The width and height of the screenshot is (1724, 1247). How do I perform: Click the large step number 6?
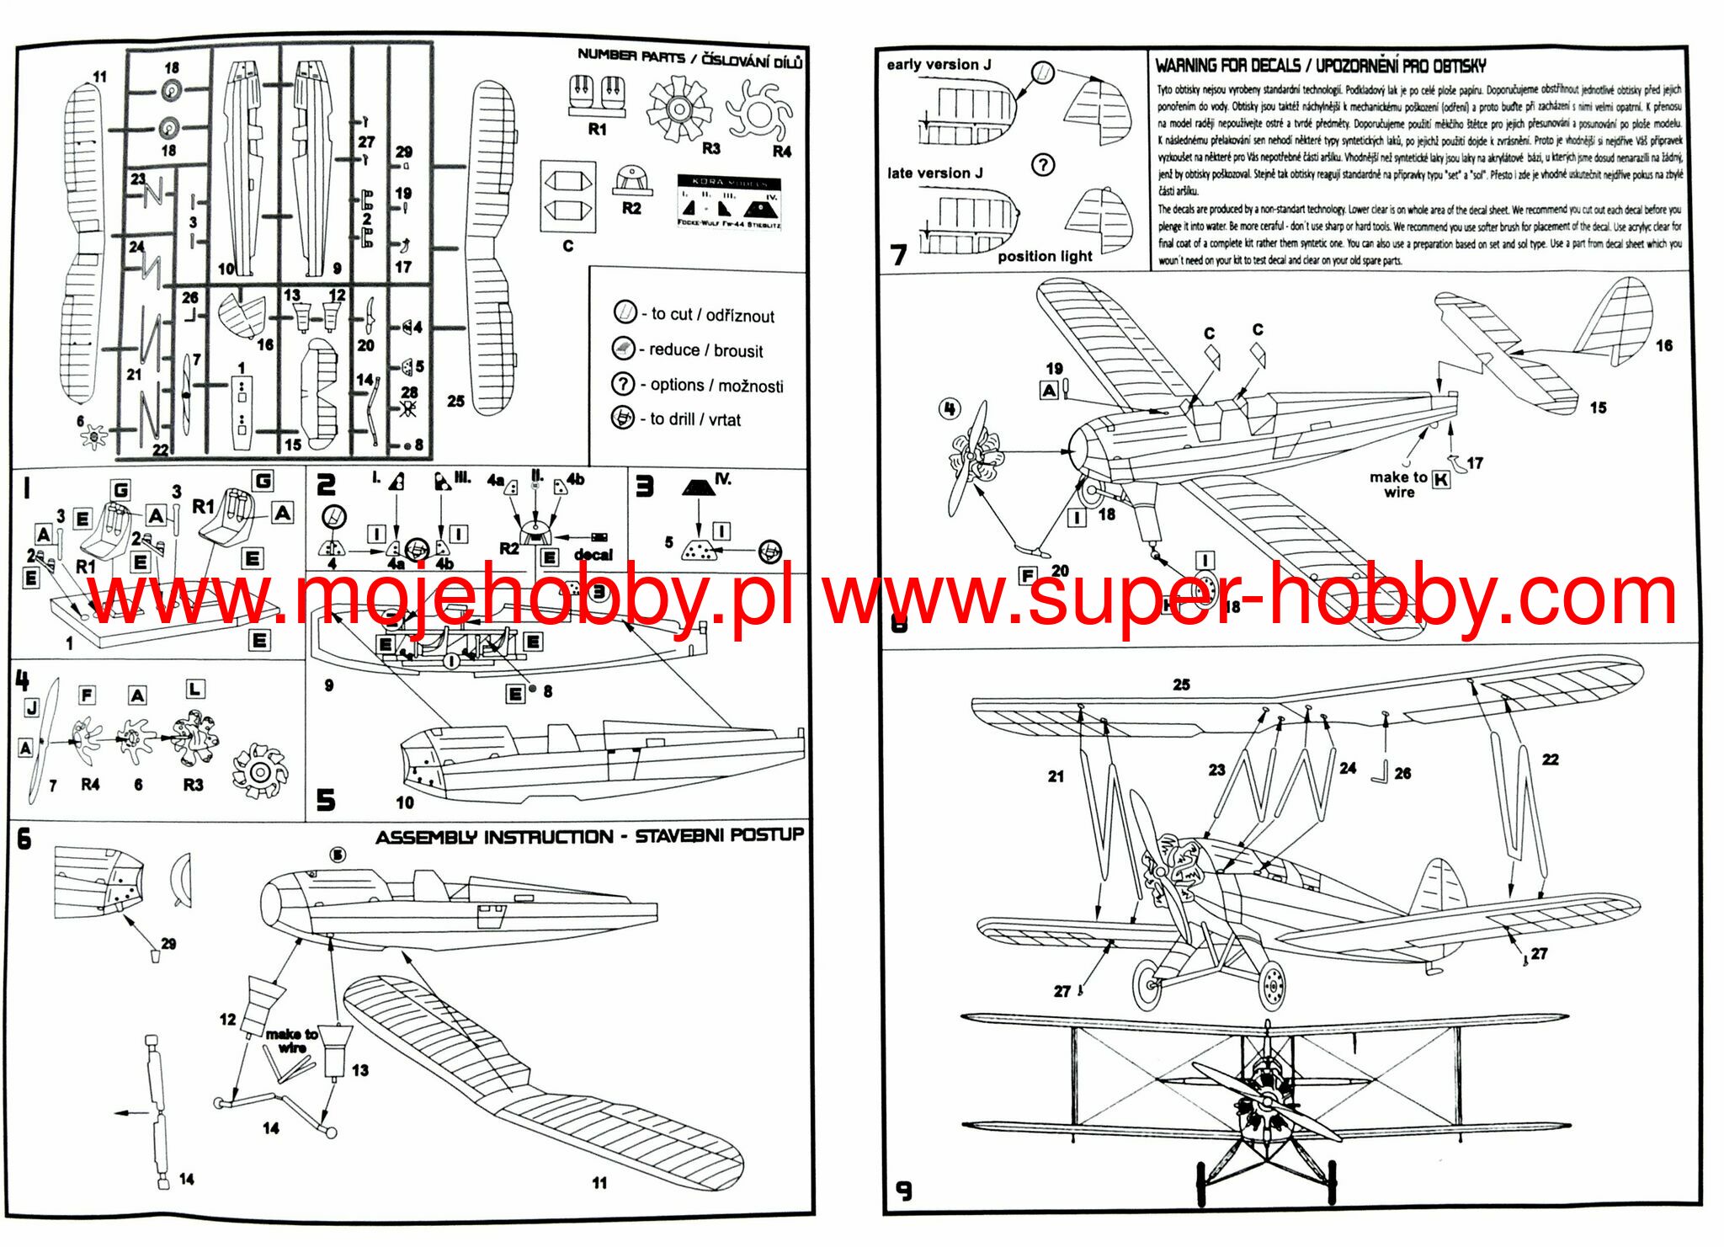24,839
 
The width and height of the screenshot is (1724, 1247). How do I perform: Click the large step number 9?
903,1191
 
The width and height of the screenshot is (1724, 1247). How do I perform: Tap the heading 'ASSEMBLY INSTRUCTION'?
494,837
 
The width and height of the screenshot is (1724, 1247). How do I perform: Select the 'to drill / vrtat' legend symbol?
622,418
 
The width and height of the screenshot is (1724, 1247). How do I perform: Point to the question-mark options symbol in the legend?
622,384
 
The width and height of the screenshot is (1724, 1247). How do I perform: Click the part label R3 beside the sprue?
711,148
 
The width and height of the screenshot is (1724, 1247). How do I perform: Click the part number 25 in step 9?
1181,685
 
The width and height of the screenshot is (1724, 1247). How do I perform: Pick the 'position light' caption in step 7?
1045,256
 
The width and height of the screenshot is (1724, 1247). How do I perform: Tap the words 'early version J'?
939,65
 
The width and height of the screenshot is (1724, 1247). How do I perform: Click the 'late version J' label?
934,173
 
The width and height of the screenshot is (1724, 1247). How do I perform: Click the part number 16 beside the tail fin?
1663,345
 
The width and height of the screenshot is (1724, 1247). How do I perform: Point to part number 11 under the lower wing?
599,1182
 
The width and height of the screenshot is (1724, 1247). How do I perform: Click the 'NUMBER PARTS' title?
631,56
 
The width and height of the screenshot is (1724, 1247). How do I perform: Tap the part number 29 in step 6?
168,944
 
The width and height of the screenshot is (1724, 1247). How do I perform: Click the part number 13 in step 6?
360,1070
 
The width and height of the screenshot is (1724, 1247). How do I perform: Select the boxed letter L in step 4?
195,689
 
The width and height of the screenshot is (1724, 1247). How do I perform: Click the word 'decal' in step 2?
593,555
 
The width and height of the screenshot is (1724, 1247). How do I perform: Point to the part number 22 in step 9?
1550,759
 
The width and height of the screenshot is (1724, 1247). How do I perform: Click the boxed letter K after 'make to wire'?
1441,480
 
